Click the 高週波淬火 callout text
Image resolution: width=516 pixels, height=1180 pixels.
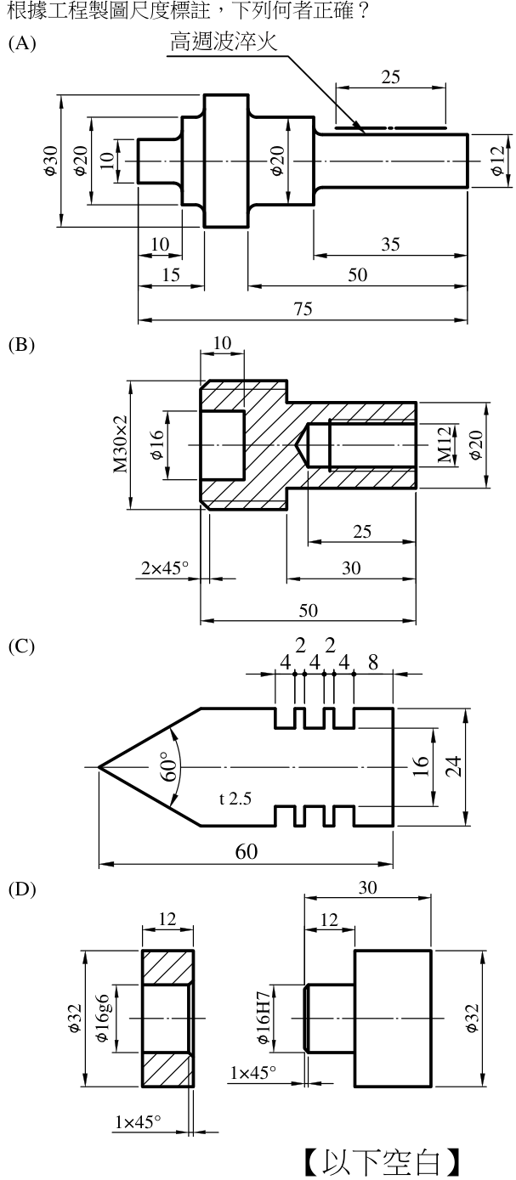(x=224, y=42)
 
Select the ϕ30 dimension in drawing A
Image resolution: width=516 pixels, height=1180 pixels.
(x=51, y=161)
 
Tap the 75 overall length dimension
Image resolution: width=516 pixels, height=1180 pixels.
(x=303, y=308)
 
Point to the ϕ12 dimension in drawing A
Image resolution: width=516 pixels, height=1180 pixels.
(x=496, y=161)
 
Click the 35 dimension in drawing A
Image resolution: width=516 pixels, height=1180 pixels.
(x=390, y=245)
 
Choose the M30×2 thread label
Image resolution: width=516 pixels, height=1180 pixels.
(x=121, y=444)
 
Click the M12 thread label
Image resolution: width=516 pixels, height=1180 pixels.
(x=445, y=445)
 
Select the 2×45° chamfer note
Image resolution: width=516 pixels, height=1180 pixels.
(x=164, y=568)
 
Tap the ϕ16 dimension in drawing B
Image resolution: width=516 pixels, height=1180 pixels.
(x=157, y=445)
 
